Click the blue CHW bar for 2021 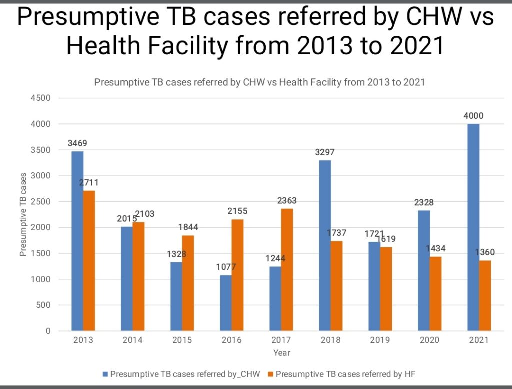click(x=473, y=227)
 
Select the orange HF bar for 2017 click(x=287, y=270)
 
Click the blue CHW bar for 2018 click(x=324, y=245)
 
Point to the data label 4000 click(x=473, y=116)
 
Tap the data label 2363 click(x=287, y=201)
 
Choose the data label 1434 click(x=435, y=249)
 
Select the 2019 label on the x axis click(x=380, y=340)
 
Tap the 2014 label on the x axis click(x=132, y=340)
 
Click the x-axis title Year click(x=281, y=353)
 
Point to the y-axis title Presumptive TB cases click(x=23, y=215)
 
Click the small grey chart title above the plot click(x=259, y=82)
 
